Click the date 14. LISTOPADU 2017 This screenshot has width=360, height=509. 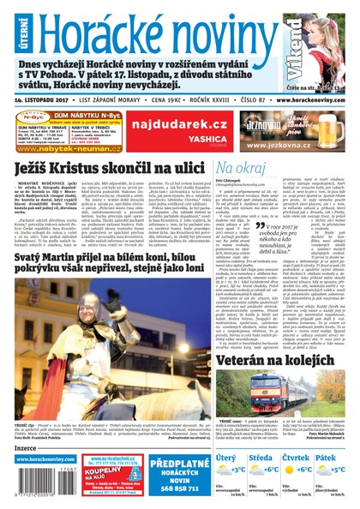[x=48, y=99]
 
